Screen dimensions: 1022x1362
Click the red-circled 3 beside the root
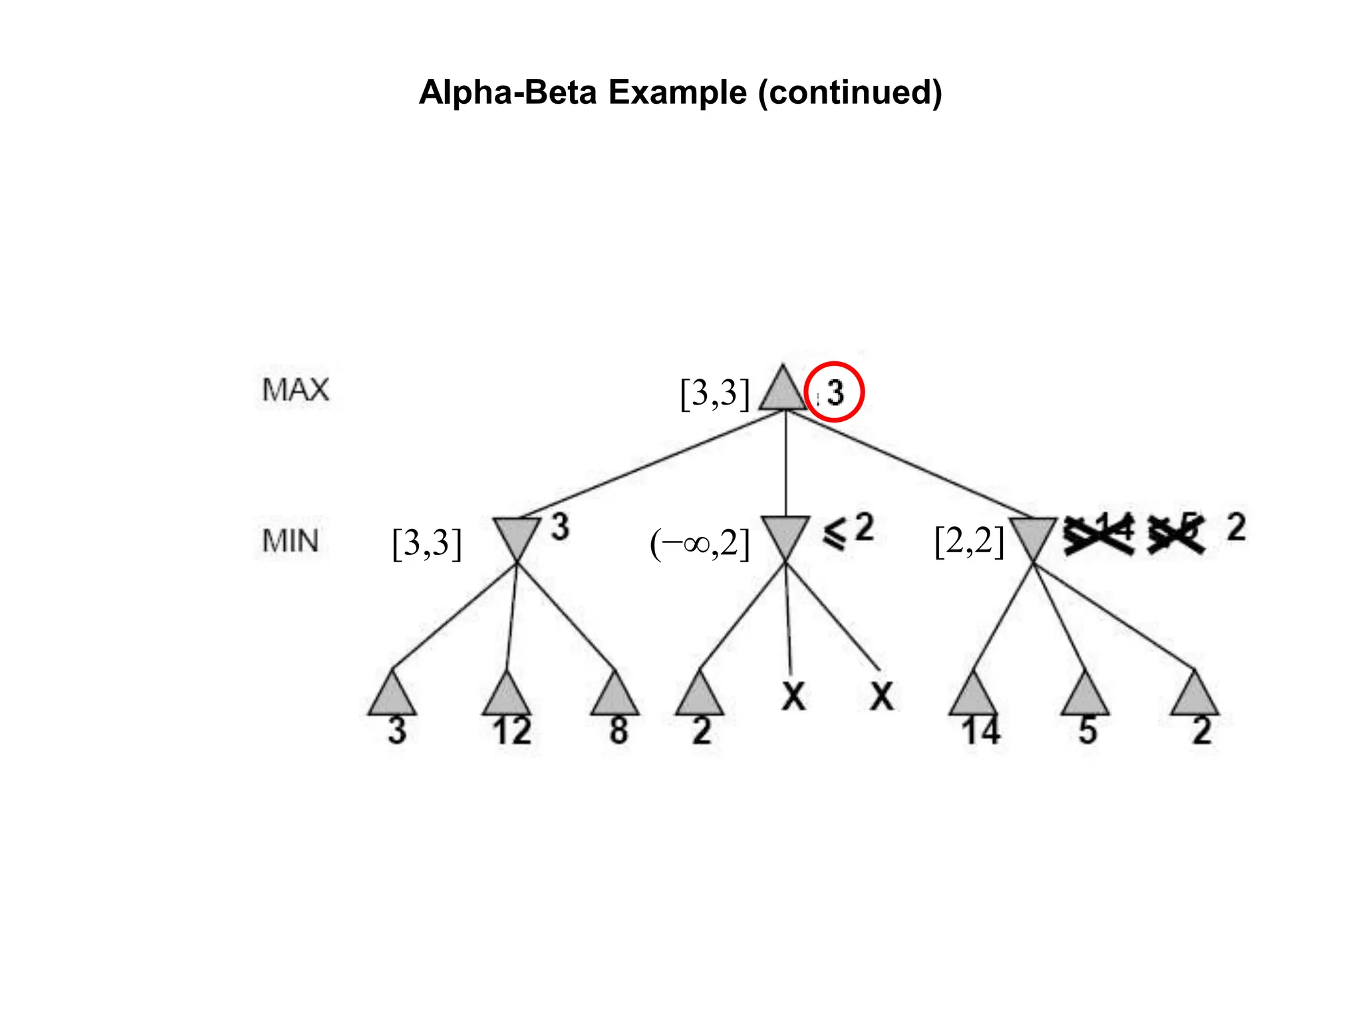[x=835, y=392]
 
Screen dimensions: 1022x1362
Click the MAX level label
[x=295, y=390]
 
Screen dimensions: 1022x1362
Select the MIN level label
[x=291, y=541]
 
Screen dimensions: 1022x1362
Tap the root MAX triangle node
[x=783, y=391]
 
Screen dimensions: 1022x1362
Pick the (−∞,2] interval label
[x=700, y=544]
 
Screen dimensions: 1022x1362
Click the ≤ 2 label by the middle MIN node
[x=849, y=530]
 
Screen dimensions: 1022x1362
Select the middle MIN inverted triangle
[x=785, y=536]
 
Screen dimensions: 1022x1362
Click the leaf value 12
[x=511, y=731]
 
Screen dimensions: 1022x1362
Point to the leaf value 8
[x=618, y=731]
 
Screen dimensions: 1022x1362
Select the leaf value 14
[x=980, y=731]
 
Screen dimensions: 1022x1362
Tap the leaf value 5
[x=1087, y=731]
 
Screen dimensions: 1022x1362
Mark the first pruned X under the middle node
[x=793, y=696]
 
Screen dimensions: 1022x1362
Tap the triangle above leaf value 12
[x=507, y=695]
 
